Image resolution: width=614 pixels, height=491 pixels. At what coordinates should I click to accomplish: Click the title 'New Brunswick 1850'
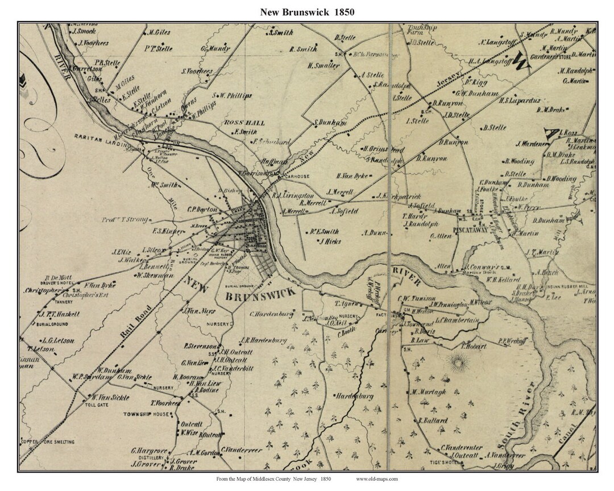click(307, 12)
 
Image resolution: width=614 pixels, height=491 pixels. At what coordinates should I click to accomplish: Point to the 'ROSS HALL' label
click(237, 123)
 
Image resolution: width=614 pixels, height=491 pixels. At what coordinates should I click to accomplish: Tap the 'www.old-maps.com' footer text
click(377, 479)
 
